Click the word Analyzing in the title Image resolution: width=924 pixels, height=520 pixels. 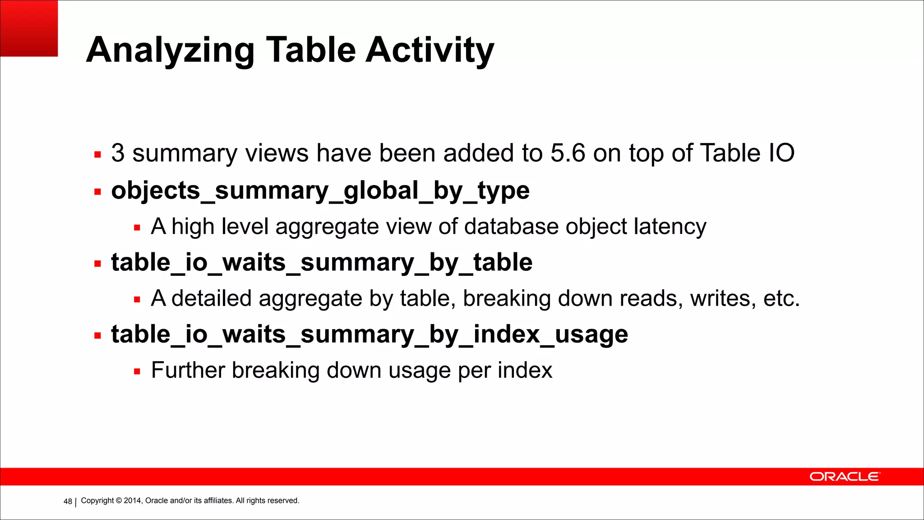(x=170, y=51)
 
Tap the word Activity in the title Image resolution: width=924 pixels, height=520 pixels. (x=430, y=51)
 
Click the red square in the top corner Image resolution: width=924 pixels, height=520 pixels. (x=29, y=28)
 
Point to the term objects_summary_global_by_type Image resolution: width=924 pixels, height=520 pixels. (x=320, y=190)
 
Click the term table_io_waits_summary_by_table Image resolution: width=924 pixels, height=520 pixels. (x=322, y=262)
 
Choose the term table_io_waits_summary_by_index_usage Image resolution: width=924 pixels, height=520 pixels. (x=370, y=334)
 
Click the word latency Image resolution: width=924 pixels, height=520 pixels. (x=670, y=227)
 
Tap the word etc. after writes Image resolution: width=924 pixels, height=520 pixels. (x=781, y=298)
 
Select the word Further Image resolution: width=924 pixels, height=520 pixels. (x=188, y=370)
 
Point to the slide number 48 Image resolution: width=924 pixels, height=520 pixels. (x=68, y=501)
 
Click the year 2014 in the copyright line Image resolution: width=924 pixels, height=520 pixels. (x=133, y=501)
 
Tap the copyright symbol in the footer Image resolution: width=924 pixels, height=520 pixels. (x=119, y=501)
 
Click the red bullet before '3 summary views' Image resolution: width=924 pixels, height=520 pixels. (x=97, y=155)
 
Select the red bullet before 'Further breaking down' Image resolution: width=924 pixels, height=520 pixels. (x=137, y=372)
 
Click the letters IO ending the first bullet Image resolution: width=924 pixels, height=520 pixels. (x=781, y=153)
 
